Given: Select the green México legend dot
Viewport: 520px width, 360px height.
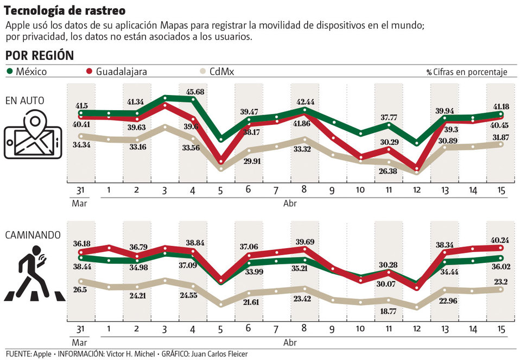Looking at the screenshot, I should [10, 71].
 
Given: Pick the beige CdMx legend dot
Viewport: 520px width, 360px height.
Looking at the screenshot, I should [203, 71].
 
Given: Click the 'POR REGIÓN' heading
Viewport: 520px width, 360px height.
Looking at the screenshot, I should [40, 56].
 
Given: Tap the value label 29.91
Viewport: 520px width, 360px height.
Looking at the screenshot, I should [250, 161].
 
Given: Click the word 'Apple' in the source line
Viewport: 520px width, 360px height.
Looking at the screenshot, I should [42, 353].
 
